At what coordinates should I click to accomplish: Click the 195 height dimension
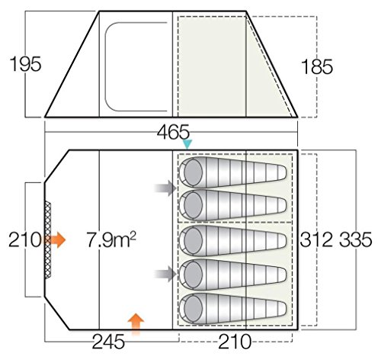(x=25, y=64)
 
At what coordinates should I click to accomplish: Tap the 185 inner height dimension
(x=316, y=66)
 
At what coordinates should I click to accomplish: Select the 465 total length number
(x=173, y=132)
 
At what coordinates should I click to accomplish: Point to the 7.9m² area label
(x=111, y=239)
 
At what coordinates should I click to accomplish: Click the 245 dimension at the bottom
(x=108, y=342)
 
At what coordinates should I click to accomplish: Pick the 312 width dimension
(x=316, y=239)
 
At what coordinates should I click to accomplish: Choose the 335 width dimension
(x=356, y=239)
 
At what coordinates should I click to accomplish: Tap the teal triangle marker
(x=187, y=144)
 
